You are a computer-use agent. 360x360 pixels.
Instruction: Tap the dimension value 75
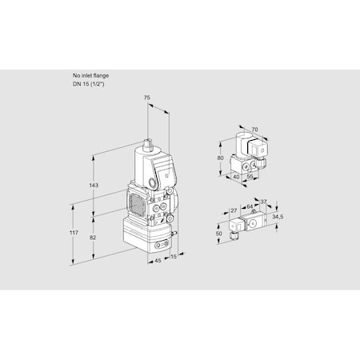[146, 98]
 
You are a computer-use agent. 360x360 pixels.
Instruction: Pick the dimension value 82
[94, 238]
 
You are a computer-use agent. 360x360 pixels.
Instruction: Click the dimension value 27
[234, 211]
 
